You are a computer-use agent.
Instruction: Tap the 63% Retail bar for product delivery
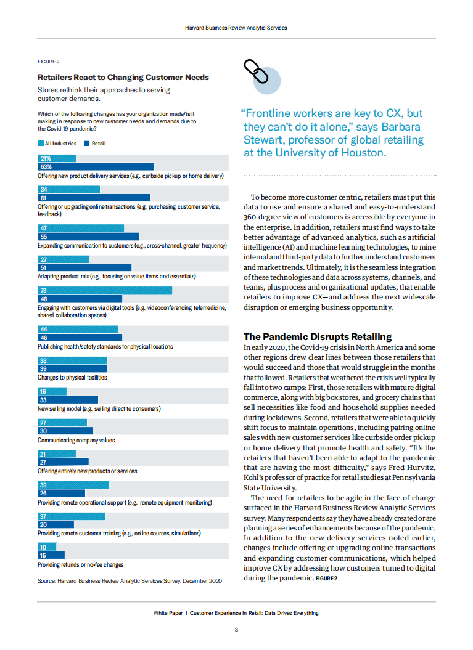(96, 166)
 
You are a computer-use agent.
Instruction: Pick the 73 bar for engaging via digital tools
(105, 290)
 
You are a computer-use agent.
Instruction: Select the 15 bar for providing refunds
(51, 555)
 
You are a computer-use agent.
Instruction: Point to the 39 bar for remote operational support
(73, 485)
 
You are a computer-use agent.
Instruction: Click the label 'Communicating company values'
(76, 440)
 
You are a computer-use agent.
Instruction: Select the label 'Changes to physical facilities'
(72, 377)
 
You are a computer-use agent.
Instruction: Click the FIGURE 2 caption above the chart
(48, 62)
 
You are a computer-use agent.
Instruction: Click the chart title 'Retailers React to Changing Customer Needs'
(123, 78)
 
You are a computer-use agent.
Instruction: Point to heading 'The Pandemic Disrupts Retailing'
(318, 336)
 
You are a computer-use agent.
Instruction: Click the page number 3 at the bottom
(236, 630)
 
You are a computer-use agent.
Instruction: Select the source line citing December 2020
(130, 580)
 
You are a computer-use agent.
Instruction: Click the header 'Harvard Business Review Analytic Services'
(236, 28)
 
